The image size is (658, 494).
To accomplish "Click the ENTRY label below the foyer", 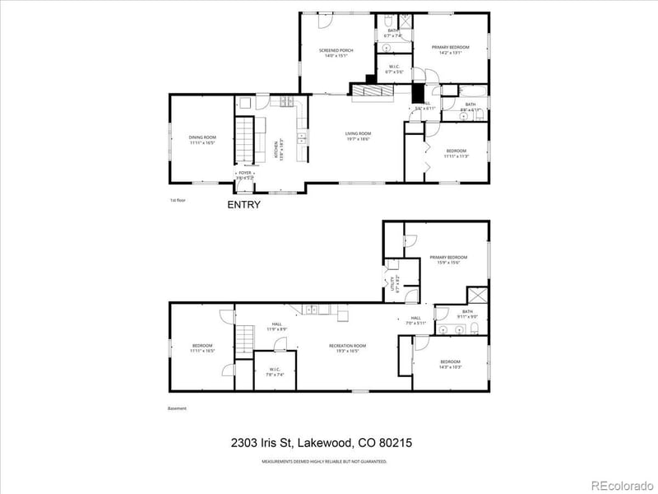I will (x=243, y=205).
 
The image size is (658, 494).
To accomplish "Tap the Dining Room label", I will (x=202, y=140).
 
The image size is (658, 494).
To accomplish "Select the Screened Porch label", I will (x=336, y=54).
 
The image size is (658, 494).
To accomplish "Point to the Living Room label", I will (x=358, y=136).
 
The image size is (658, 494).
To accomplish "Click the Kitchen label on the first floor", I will (x=277, y=148).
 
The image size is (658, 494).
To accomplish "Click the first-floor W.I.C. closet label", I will (x=393, y=70).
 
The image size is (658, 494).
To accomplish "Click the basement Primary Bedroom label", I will (x=449, y=260).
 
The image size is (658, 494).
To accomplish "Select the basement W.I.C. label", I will (x=275, y=372).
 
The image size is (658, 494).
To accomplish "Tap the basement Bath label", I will (x=468, y=314).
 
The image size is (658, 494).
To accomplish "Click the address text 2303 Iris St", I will (x=322, y=443).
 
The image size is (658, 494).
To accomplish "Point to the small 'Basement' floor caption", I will (x=178, y=408).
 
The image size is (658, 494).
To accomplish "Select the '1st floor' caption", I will (x=178, y=200).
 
